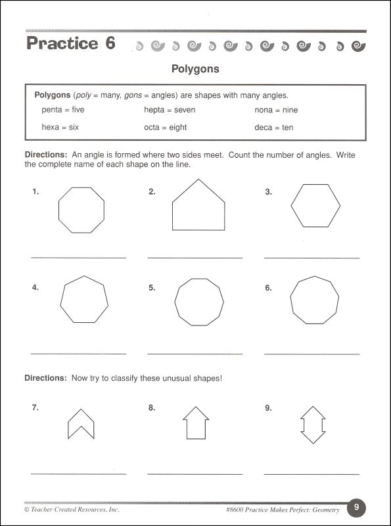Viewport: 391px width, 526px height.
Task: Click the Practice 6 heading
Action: coord(70,44)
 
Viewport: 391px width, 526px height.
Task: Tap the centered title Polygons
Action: coord(195,68)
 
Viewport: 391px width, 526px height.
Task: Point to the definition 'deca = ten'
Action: coord(273,128)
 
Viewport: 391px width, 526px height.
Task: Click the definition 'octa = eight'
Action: coord(165,128)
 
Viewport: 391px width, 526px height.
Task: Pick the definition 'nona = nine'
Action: coord(276,110)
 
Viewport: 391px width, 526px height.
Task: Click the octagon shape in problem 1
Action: coord(81,209)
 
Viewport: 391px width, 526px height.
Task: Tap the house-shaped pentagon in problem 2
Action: coord(198,209)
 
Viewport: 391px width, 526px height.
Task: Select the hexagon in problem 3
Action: coord(315,204)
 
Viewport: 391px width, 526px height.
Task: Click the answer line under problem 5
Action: coord(195,354)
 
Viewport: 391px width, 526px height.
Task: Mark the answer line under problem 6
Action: coord(311,354)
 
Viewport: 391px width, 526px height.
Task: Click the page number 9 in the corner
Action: coord(356,507)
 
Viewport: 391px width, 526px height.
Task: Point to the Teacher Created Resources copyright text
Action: coord(72,509)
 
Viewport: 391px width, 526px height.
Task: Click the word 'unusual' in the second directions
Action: coord(182,378)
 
